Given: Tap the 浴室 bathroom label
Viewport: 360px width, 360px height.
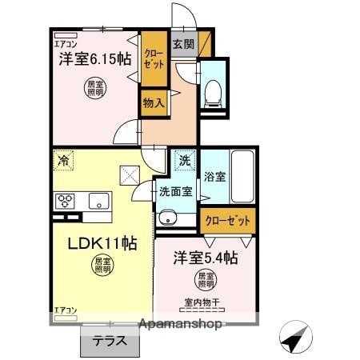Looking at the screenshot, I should (214, 176).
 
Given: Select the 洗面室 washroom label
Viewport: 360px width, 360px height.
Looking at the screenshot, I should (174, 192).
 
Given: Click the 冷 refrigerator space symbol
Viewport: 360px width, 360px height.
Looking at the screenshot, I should (63, 159).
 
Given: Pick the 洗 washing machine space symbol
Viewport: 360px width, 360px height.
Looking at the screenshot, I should (185, 159).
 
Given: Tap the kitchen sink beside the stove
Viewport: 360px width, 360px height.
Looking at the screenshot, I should (99, 200).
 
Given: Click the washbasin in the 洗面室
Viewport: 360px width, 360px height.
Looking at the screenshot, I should (168, 217).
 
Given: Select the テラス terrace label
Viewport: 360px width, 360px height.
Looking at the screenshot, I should (108, 339).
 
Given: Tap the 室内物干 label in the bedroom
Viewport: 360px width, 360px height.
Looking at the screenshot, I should (202, 302).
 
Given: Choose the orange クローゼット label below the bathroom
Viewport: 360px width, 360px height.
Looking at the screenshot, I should (227, 220).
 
